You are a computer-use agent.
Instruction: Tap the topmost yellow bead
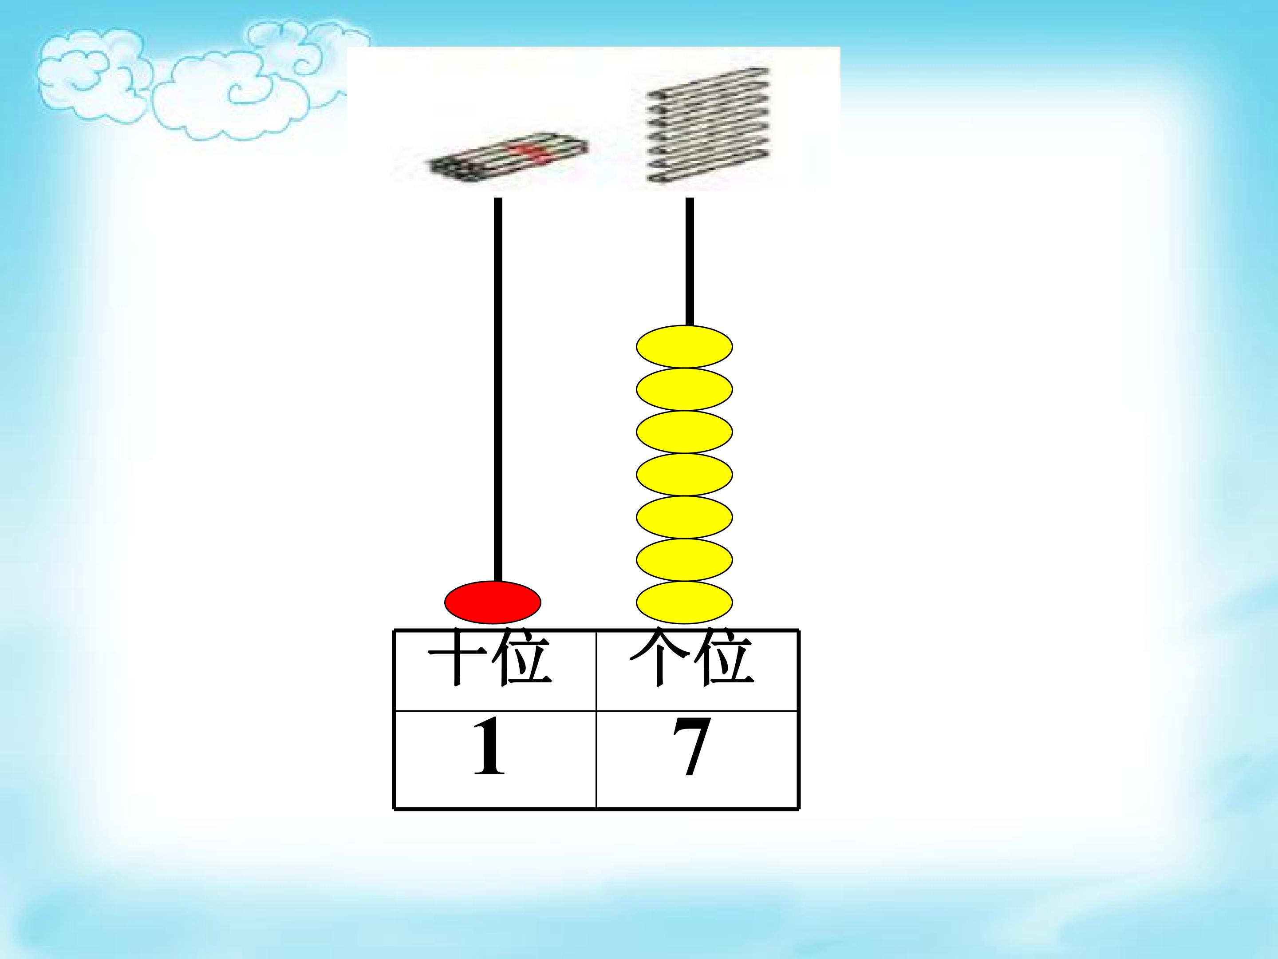pyautogui.click(x=685, y=347)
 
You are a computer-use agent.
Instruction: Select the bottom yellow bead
pyautogui.click(x=685, y=602)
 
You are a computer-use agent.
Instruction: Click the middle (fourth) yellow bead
pyautogui.click(x=685, y=475)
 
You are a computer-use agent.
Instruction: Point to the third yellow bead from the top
pyautogui.click(x=685, y=432)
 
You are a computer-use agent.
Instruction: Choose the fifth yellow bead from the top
pyautogui.click(x=685, y=517)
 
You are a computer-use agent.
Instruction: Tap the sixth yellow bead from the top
pyautogui.click(x=685, y=559)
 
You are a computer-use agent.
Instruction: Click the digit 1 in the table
pyautogui.click(x=489, y=746)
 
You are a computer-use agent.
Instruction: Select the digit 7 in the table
pyautogui.click(x=690, y=747)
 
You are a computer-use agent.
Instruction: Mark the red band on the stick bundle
pyautogui.click(x=526, y=151)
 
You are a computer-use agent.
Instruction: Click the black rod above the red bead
pyautogui.click(x=498, y=389)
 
